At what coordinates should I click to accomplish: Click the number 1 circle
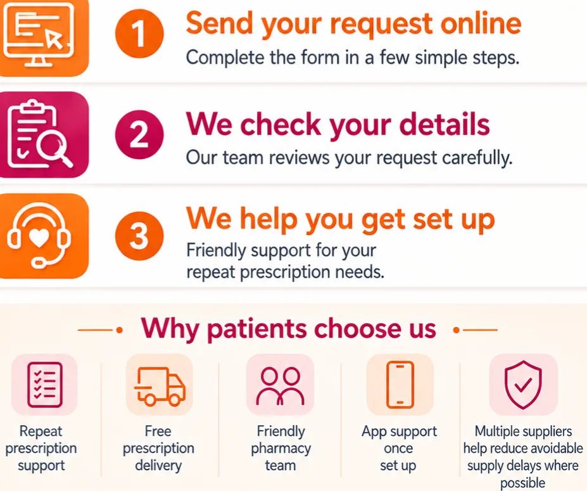(139, 34)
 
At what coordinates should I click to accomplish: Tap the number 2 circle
(139, 134)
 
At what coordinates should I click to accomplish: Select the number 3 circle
(139, 236)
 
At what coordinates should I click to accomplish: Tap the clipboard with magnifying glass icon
(39, 134)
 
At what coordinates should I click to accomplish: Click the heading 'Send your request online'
(353, 23)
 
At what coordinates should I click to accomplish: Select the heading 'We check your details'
(338, 124)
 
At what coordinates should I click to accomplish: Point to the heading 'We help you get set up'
(340, 219)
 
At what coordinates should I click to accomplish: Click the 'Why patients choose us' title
(288, 329)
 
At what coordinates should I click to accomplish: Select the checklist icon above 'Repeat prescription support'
(44, 385)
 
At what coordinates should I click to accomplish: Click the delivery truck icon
(160, 386)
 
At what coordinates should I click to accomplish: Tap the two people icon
(280, 386)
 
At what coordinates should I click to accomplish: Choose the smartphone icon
(400, 385)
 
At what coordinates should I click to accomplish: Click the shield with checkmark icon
(523, 385)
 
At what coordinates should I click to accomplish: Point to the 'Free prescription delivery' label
(158, 449)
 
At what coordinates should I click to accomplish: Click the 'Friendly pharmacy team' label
(281, 449)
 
